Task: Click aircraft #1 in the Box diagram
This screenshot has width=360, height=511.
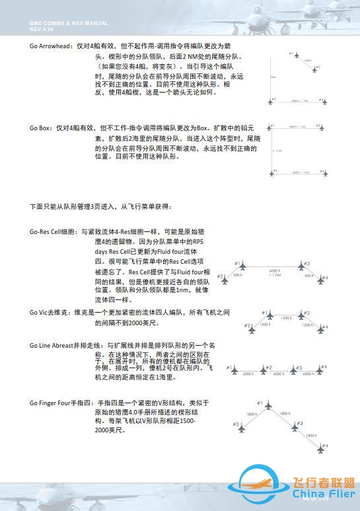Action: tap(272, 126)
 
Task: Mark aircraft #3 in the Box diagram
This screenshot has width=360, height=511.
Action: tap(272, 174)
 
